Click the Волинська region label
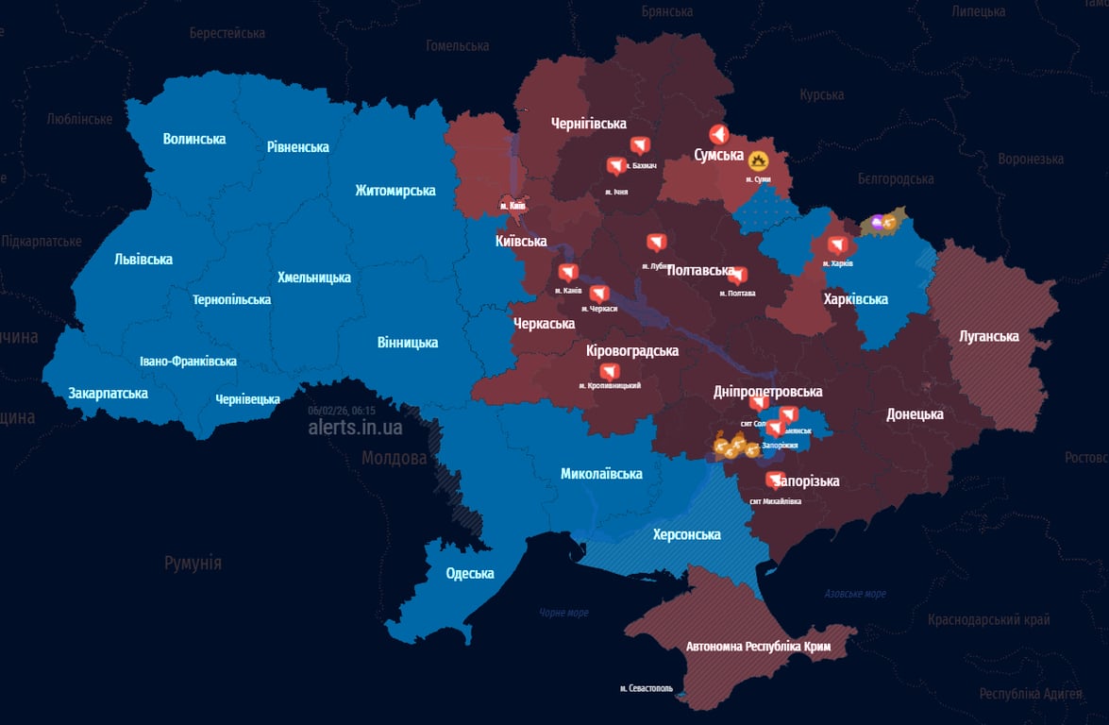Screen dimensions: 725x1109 194,139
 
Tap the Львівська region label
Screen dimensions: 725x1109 143,259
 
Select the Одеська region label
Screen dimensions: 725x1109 470,574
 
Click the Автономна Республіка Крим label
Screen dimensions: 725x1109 758,648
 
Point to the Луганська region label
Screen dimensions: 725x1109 988,336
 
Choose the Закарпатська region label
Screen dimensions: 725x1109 108,393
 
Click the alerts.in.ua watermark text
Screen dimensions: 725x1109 355,428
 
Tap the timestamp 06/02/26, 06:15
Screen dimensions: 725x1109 342,411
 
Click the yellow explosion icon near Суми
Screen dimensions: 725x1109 758,160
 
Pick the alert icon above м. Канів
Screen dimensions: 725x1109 567,273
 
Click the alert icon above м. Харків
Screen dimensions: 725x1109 836,244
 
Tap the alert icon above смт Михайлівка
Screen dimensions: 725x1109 775,481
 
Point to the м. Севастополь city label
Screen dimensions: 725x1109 647,688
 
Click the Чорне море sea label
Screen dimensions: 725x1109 563,613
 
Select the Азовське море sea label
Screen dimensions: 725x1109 855,594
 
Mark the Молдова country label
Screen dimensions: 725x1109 394,458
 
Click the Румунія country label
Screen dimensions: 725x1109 193,563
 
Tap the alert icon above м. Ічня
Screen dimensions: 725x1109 615,167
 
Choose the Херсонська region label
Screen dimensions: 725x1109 686,534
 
